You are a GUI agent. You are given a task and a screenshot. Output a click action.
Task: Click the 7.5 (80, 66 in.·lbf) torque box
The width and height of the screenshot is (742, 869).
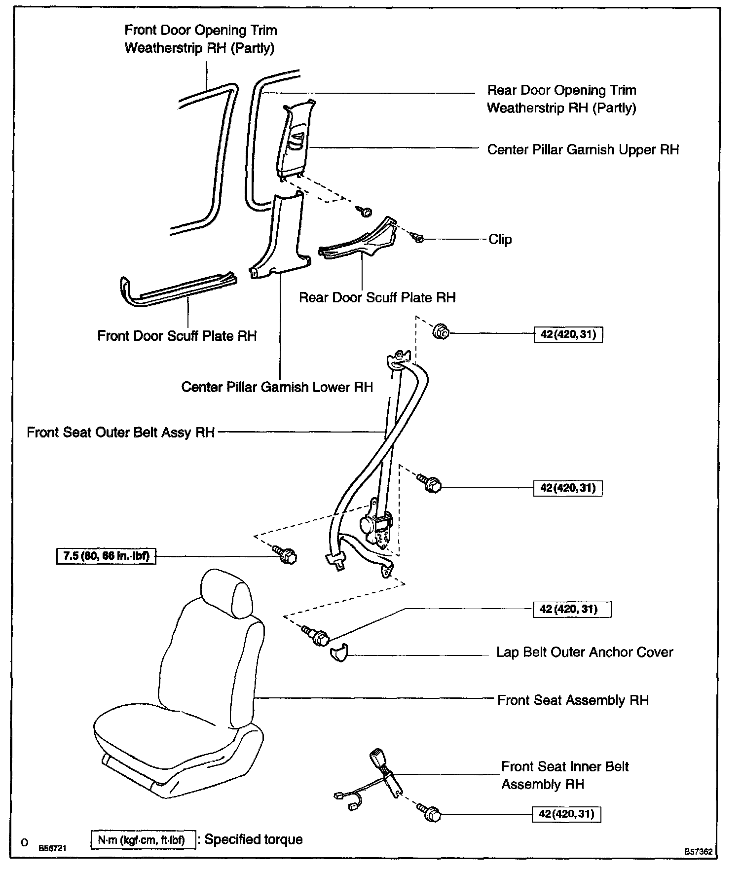(106, 556)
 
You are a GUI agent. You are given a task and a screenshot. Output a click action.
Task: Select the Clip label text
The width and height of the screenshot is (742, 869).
(500, 240)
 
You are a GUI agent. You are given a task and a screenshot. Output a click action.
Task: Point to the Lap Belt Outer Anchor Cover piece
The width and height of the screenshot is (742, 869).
(338, 653)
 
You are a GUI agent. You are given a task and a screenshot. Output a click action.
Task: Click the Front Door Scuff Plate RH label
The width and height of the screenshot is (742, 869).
(177, 336)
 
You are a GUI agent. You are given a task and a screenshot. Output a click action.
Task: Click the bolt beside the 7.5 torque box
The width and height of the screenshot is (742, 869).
(286, 555)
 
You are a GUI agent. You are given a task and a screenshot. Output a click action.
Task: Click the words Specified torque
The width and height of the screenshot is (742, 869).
(254, 839)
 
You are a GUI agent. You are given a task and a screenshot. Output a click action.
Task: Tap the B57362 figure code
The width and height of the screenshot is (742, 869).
(698, 852)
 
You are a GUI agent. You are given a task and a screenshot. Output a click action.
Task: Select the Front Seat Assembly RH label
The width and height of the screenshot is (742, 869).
(572, 700)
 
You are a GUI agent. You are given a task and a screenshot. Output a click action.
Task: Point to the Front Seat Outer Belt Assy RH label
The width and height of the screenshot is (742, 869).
(121, 433)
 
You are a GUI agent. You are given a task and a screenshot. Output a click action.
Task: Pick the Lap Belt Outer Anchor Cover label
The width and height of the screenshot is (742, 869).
(584, 652)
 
